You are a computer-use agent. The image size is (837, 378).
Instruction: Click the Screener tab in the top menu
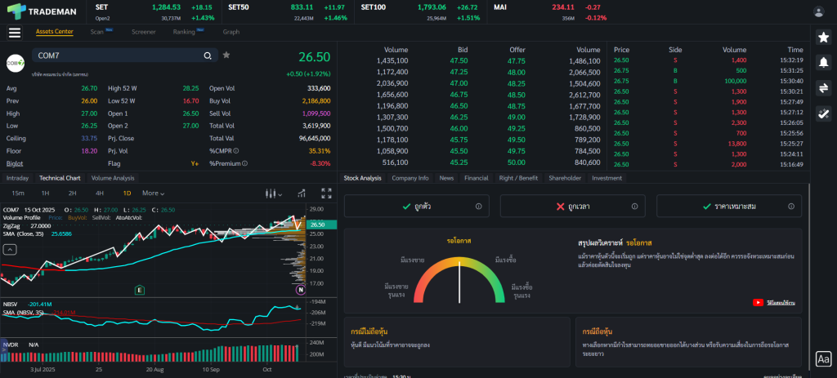[143, 32]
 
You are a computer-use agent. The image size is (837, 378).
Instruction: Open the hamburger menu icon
[15, 33]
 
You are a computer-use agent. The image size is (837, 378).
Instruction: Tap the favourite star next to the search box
[226, 56]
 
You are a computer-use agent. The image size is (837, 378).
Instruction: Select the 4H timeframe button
[100, 193]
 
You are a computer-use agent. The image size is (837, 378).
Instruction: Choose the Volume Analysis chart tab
[113, 177]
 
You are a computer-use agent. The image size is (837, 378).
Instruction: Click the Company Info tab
[410, 177]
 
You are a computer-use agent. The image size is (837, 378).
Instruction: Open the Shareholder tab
[565, 177]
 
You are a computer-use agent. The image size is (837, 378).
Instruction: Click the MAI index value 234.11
[563, 7]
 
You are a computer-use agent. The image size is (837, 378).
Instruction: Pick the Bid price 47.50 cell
[459, 60]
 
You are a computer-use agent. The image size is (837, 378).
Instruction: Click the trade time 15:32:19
[790, 60]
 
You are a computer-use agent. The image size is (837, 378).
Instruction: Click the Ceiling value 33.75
[89, 138]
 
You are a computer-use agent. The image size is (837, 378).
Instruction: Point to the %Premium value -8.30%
[320, 163]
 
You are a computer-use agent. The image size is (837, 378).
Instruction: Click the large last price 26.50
[314, 57]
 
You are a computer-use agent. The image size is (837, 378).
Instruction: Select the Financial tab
[476, 177]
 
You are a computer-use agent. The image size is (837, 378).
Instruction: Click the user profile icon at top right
[818, 11]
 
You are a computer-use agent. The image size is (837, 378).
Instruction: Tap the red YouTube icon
[758, 302]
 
